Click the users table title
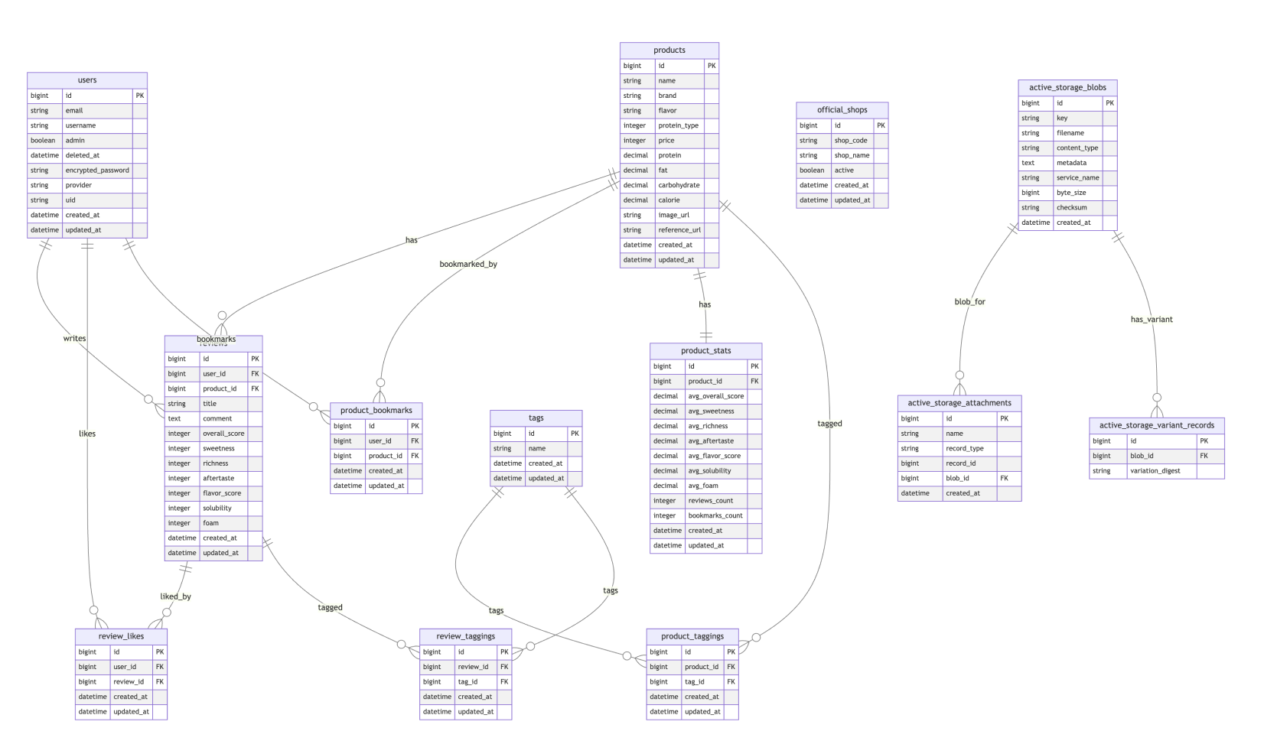[87, 80]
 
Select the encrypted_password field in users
[97, 171]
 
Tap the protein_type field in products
[678, 125]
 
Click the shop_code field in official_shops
[851, 141]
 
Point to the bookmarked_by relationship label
[468, 265]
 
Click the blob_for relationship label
[969, 302]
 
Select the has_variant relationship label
[1152, 320]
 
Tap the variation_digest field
[1155, 471]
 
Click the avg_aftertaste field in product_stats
[711, 441]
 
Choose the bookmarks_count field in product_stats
[715, 516]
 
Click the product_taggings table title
[692, 636]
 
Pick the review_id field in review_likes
[129, 682]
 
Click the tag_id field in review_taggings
[467, 682]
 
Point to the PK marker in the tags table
[575, 434]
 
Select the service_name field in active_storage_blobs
[1077, 178]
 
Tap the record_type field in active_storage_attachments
[965, 449]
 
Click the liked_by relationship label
[175, 596]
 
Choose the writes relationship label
[75, 339]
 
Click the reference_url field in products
[679, 230]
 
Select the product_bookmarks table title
[376, 411]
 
